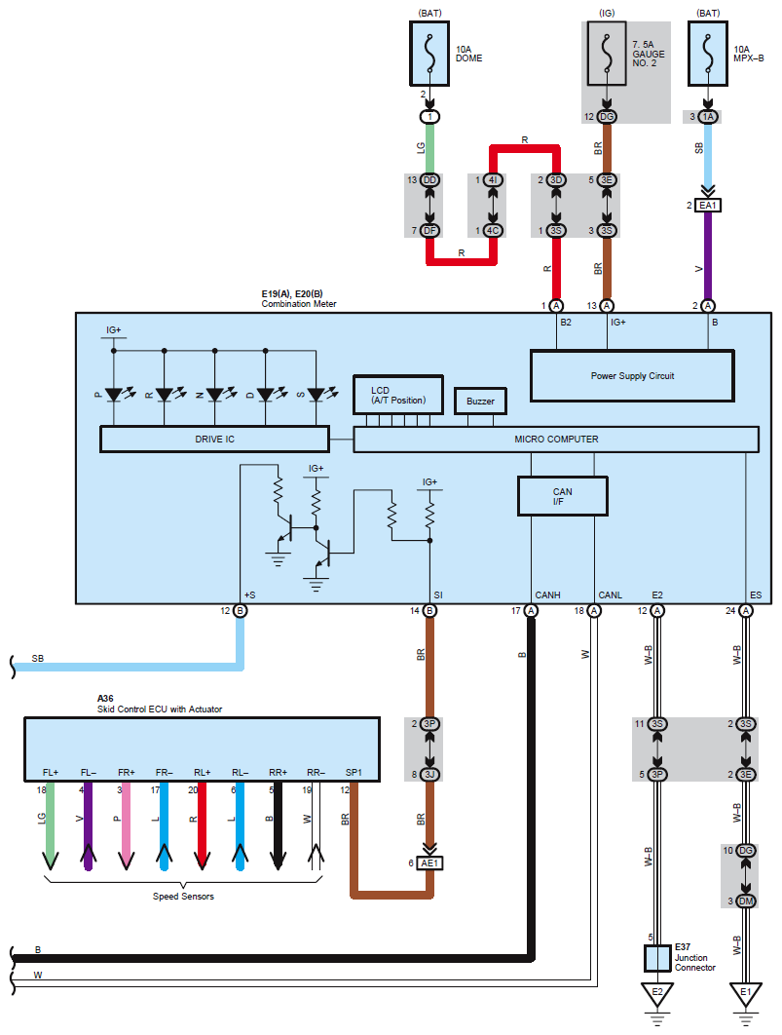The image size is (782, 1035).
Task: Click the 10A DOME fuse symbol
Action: click(x=429, y=54)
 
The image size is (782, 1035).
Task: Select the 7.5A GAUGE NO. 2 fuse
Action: click(x=606, y=54)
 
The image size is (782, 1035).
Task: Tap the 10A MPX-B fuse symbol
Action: click(x=707, y=54)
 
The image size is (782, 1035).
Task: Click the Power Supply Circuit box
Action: click(x=632, y=375)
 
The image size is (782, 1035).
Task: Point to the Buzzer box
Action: click(x=481, y=401)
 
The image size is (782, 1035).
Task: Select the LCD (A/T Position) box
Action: click(x=398, y=396)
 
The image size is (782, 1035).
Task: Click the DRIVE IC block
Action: click(x=214, y=439)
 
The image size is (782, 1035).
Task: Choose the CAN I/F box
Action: click(x=563, y=496)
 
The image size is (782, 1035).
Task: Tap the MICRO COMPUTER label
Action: click(x=556, y=439)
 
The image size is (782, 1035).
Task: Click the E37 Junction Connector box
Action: click(x=657, y=958)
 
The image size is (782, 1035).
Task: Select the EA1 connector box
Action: click(x=707, y=206)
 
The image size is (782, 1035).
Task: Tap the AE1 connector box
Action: click(x=429, y=862)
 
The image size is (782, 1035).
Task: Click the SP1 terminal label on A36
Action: click(x=354, y=772)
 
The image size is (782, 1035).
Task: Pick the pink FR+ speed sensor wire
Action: click(x=126, y=825)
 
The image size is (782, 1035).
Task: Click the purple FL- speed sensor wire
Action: click(x=89, y=825)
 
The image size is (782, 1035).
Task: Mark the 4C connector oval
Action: click(x=493, y=230)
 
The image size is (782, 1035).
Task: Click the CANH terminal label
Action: click(x=547, y=594)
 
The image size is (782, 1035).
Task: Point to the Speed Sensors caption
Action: click(x=183, y=897)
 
